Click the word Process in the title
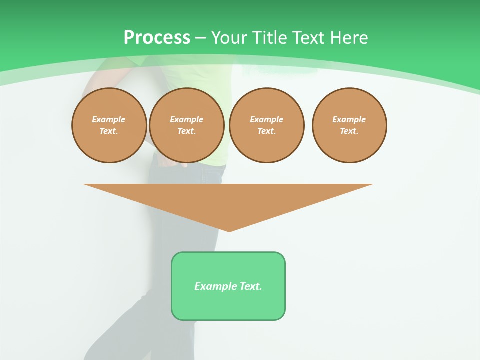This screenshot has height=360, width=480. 157,37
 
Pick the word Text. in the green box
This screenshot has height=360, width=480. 251,286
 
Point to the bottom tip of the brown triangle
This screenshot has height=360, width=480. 229,230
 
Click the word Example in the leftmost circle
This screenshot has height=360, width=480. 109,119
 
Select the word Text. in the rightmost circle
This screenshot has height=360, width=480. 349,131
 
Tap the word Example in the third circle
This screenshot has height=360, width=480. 267,119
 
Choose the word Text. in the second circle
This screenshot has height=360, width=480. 187,131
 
